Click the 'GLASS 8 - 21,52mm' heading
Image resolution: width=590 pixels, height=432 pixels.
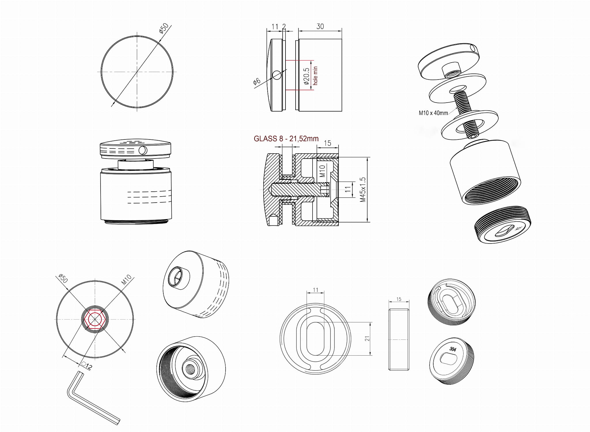click(286, 139)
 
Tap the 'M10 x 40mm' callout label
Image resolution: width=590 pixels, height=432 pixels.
click(433, 113)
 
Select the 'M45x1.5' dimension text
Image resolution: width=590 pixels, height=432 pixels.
click(363, 189)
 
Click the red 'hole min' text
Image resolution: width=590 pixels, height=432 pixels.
click(315, 76)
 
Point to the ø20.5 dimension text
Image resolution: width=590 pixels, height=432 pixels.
click(307, 76)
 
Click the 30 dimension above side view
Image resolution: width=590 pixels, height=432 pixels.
click(320, 27)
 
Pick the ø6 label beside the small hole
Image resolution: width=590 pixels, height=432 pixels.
click(257, 81)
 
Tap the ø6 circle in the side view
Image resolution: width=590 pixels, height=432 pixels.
click(277, 75)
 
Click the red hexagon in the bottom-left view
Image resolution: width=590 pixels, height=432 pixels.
click(95, 319)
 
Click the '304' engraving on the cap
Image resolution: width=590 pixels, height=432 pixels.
click(453, 349)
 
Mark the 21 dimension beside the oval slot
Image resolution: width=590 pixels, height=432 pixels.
click(367, 339)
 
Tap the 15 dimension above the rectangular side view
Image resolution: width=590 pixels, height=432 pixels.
click(399, 299)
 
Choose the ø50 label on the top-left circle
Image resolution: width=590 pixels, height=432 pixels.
click(163, 28)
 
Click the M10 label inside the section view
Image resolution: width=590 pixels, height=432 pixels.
click(322, 171)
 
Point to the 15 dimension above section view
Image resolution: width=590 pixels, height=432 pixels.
click(328, 143)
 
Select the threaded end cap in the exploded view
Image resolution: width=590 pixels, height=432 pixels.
click(503, 225)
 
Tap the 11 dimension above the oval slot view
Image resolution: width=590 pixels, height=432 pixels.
click(315, 290)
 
